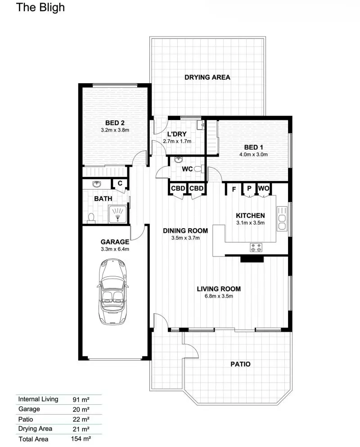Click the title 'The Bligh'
[40, 8]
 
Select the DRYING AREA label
[207, 77]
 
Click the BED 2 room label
[115, 123]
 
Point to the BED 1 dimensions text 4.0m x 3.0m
[253, 154]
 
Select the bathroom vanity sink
[95, 185]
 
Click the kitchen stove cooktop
[257, 247]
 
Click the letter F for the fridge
[234, 189]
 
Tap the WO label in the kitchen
[264, 189]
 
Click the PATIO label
[241, 364]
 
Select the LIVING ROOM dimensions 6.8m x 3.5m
[219, 296]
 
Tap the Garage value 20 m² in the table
[81, 409]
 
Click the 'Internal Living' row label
[38, 399]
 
